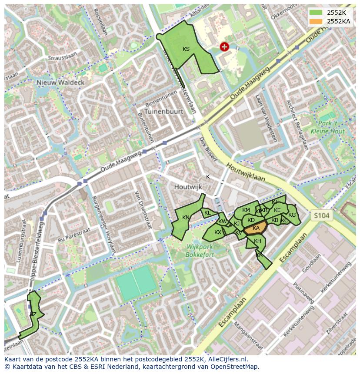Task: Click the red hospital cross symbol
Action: click(x=224, y=47)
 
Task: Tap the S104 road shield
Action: click(x=322, y=215)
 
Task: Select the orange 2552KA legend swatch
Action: click(x=317, y=21)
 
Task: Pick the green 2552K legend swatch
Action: click(x=317, y=13)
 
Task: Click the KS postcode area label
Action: click(x=186, y=49)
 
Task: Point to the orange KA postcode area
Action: click(x=256, y=228)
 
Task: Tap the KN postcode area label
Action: click(x=186, y=218)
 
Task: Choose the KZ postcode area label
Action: click(x=33, y=314)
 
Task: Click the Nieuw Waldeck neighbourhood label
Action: click(x=60, y=82)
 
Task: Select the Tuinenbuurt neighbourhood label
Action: click(x=164, y=111)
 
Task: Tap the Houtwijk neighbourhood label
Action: click(x=188, y=187)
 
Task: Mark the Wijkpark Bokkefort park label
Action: click(x=200, y=251)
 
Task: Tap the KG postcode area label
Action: click(x=292, y=215)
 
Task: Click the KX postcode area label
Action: click(x=218, y=232)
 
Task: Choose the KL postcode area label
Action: click(x=207, y=213)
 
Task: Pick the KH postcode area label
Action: click(x=257, y=241)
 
